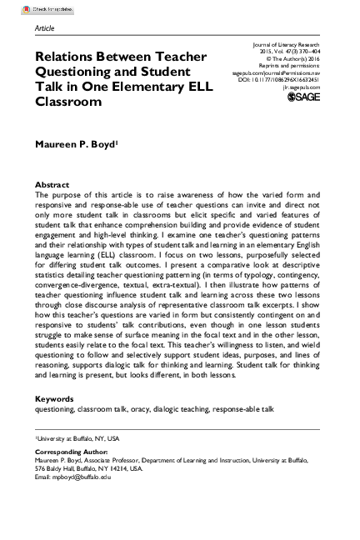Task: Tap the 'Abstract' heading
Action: click(x=52, y=184)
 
